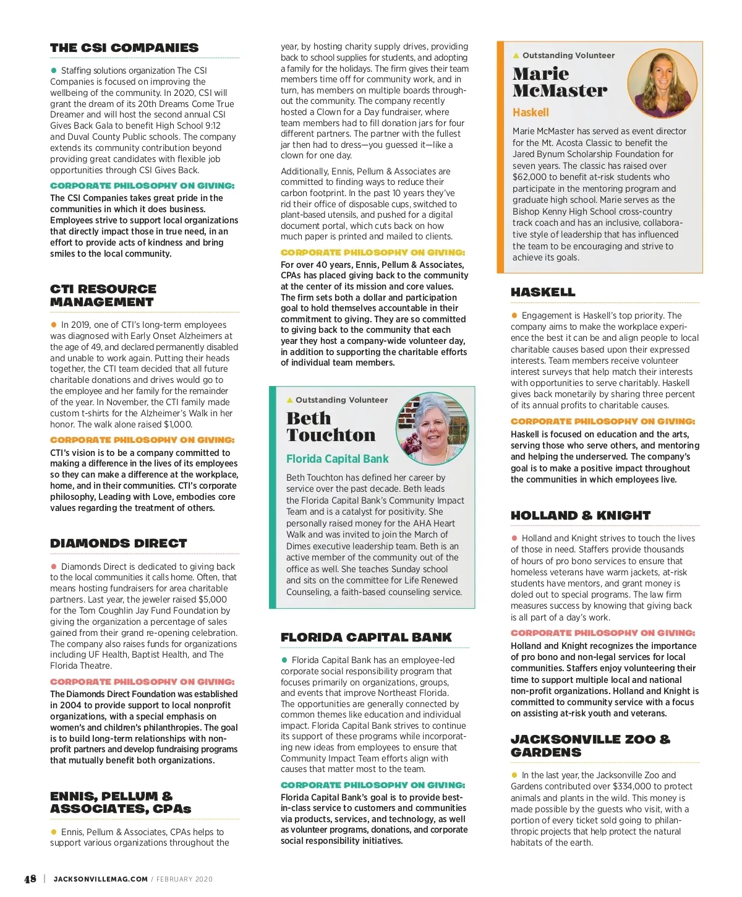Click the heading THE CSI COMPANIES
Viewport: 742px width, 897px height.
click(x=124, y=48)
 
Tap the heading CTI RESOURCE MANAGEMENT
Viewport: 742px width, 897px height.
click(x=103, y=295)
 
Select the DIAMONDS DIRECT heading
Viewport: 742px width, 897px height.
click(x=119, y=543)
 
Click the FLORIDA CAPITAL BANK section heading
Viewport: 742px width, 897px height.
click(x=366, y=637)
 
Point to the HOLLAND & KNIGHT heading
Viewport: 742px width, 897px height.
click(x=581, y=515)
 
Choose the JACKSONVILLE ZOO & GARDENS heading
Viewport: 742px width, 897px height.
click(x=590, y=745)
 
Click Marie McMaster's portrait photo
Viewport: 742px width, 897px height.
click(x=662, y=84)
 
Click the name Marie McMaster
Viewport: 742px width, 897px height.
click(x=560, y=82)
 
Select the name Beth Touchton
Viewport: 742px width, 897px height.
click(x=331, y=427)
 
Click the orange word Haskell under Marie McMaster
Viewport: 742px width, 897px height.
click(x=531, y=113)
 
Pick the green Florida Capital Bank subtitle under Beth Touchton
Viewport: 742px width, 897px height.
click(x=337, y=459)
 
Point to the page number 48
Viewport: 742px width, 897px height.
click(x=30, y=879)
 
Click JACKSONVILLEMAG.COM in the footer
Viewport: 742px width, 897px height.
click(x=101, y=879)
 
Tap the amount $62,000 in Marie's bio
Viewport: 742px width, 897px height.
click(x=530, y=177)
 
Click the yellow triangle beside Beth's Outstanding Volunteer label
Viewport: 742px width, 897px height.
click(x=290, y=400)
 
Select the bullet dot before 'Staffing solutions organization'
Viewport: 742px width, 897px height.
click(x=54, y=71)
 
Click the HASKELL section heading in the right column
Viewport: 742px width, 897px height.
click(x=543, y=292)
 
